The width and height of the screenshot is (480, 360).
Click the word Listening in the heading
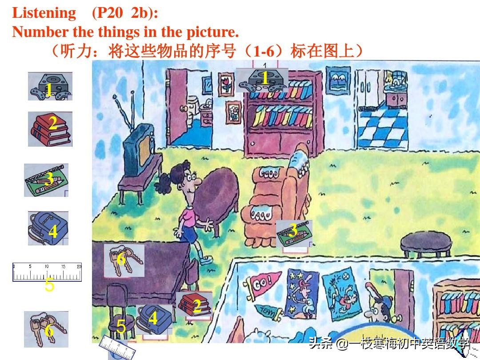pos(44,13)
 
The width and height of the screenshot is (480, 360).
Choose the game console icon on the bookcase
pos(262,80)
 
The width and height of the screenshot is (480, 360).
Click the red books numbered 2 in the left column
pos(50,128)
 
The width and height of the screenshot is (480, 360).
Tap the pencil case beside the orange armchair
pos(294,233)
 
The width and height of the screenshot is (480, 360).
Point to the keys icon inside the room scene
pos(124,260)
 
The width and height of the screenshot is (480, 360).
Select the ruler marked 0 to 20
pos(47,272)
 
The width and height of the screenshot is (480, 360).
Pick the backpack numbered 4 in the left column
pos(48,228)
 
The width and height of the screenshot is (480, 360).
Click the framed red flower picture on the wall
pos(226,85)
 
